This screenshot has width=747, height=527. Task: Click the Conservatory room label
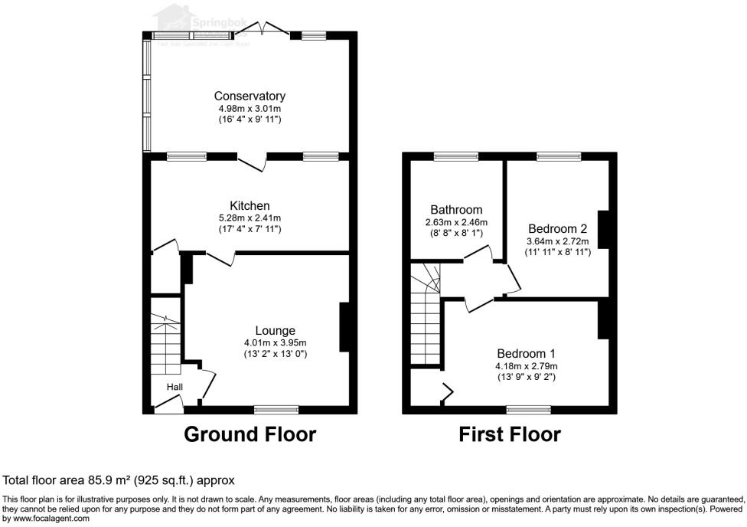[x=250, y=96]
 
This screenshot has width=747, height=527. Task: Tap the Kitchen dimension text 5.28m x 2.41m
[x=250, y=218]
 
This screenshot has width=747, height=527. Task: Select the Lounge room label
[x=275, y=331]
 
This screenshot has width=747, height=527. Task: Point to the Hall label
[x=175, y=388]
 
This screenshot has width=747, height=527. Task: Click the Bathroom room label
[x=456, y=209]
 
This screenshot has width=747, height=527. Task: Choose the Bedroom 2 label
[x=557, y=228]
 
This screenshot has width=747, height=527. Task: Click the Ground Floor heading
[x=250, y=434]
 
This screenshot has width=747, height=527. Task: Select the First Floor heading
[x=509, y=434]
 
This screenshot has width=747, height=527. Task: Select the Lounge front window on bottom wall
[x=276, y=409]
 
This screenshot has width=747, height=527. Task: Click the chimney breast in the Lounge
[x=344, y=327]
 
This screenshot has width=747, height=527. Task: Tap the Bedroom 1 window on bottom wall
[x=528, y=409]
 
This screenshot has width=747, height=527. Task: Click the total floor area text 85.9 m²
[x=119, y=480]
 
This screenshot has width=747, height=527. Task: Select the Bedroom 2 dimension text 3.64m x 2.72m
[x=557, y=241]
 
